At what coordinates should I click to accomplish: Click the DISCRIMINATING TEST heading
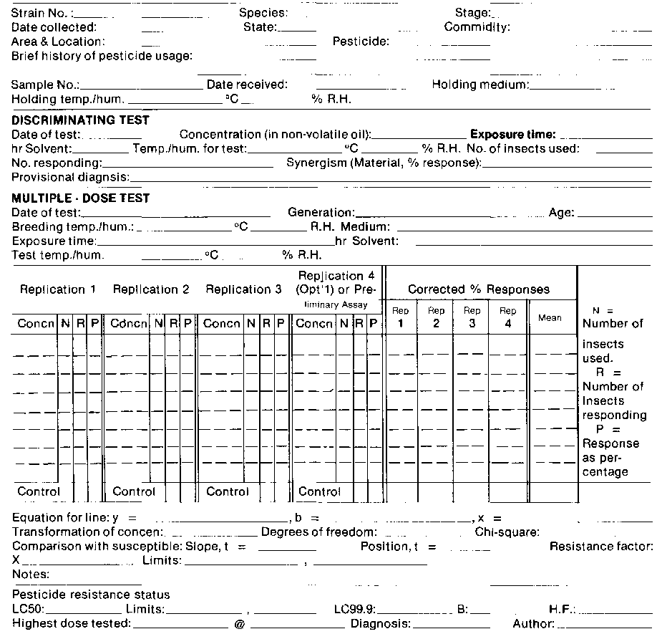pyautogui.click(x=80, y=120)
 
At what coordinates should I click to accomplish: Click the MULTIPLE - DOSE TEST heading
pyautogui.click(x=80, y=198)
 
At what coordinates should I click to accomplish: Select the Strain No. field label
pyautogui.click(x=41, y=13)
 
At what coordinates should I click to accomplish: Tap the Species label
pyautogui.click(x=263, y=13)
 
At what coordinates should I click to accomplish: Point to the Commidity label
pyautogui.click(x=477, y=27)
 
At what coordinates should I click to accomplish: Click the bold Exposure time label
pyautogui.click(x=512, y=135)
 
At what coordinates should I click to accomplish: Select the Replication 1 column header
pyautogui.click(x=57, y=289)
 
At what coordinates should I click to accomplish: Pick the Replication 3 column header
pyautogui.click(x=243, y=289)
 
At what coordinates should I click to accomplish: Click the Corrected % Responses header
pyautogui.click(x=479, y=289)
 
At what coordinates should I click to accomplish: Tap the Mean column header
pyautogui.click(x=550, y=317)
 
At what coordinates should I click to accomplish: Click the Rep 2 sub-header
pyautogui.click(x=436, y=317)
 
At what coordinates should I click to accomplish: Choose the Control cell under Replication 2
pyautogui.click(x=134, y=492)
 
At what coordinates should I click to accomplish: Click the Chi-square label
pyautogui.click(x=507, y=532)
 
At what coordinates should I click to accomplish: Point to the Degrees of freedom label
pyautogui.click(x=318, y=532)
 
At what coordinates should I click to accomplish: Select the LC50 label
pyautogui.click(x=28, y=610)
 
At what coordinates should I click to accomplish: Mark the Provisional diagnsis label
pyautogui.click(x=70, y=177)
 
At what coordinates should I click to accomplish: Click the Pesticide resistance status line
pyautogui.click(x=91, y=595)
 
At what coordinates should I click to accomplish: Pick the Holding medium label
pyautogui.click(x=480, y=85)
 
